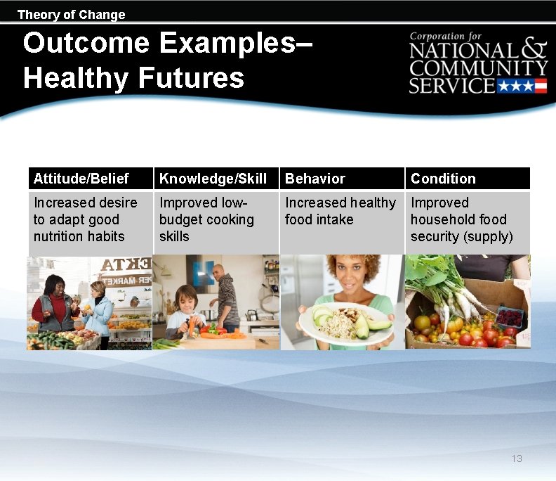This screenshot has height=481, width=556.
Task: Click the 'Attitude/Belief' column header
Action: [81, 179]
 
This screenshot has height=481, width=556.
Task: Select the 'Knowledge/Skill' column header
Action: [213, 179]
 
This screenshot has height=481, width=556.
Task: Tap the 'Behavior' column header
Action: [315, 179]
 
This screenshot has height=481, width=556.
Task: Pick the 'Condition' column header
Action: [443, 179]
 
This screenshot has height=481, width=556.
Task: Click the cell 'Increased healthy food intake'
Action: [340, 211]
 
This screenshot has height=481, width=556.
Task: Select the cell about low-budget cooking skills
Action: [206, 219]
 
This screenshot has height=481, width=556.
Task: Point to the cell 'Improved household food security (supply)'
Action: [461, 219]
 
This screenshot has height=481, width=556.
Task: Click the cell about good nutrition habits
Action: [85, 219]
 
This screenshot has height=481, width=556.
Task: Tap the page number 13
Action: [517, 458]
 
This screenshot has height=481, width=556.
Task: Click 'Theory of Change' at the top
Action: [71, 15]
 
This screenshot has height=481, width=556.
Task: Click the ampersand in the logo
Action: [534, 51]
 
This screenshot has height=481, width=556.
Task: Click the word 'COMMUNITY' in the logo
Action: [478, 68]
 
